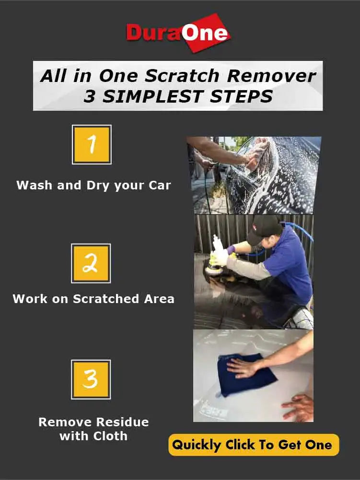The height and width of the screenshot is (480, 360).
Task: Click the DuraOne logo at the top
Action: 178,33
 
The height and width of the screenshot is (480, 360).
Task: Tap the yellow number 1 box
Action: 92,144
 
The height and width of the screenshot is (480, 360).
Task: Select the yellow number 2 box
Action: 91,263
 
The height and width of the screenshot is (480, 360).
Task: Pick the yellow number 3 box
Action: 91,379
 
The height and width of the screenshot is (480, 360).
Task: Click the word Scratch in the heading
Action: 182,76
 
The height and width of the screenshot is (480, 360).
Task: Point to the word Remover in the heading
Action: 271,76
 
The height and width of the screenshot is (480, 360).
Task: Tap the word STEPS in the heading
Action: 241,96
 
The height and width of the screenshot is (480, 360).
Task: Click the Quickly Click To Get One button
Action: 254,445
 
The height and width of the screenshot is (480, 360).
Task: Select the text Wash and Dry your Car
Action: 93,186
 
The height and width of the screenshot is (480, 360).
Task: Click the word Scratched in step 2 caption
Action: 106,299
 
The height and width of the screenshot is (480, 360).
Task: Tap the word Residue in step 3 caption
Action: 121,422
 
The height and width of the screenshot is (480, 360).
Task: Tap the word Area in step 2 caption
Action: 159,299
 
